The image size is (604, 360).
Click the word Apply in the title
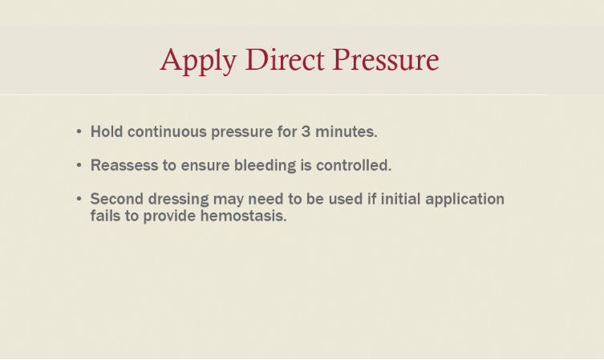198,61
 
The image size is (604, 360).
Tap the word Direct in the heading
285,59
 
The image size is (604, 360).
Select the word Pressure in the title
386,59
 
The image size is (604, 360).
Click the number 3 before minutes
306,131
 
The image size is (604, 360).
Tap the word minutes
347,131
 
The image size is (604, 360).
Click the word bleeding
265,166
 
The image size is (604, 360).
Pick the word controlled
354,165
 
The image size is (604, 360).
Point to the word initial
400,199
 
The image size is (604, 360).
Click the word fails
106,216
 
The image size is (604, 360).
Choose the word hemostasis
244,216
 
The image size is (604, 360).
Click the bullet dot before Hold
79,131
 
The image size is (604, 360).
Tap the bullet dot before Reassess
79,165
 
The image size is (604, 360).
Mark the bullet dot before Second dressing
79,199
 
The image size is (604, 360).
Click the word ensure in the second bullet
205,166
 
